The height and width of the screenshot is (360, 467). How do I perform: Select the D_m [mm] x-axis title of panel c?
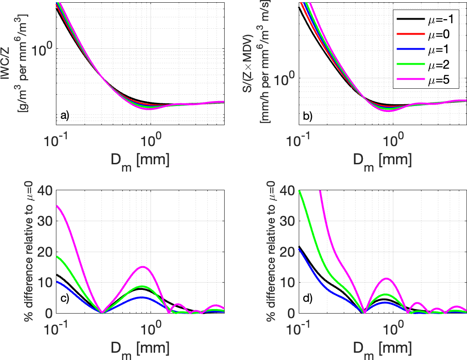tap(140, 340)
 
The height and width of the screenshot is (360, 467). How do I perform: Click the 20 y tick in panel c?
tap(44, 251)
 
